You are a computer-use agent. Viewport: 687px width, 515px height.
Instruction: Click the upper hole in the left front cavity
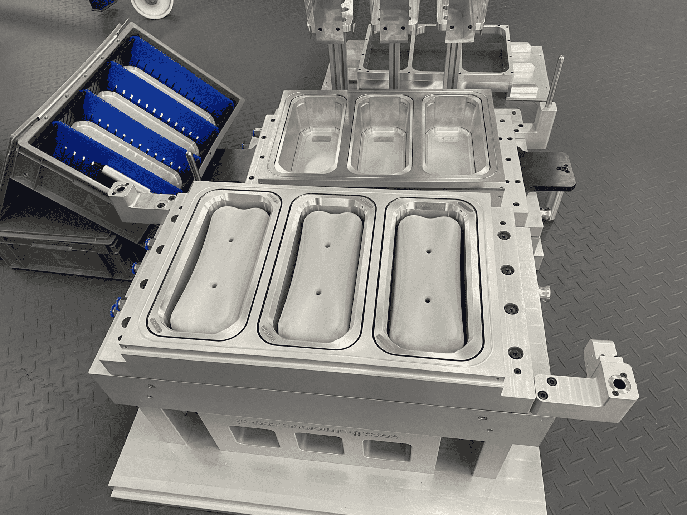[232, 241]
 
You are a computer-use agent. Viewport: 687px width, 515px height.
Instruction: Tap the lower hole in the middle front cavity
[318, 292]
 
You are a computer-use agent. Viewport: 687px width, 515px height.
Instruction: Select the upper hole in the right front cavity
[428, 251]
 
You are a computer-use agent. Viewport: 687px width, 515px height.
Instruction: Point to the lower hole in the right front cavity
[427, 300]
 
